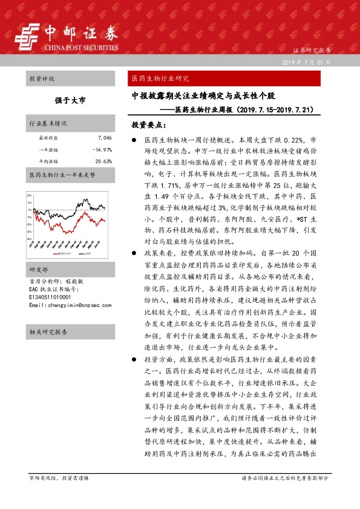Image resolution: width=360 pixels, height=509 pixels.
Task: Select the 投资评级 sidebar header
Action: [x=42, y=79]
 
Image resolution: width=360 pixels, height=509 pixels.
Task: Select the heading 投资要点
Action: [x=148, y=125]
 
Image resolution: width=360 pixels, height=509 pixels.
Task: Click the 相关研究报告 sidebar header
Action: [x=48, y=332]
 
